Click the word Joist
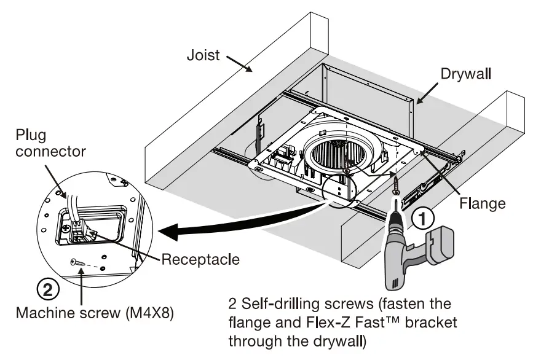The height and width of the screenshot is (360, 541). point(203,56)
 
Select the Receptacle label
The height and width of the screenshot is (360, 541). point(200,260)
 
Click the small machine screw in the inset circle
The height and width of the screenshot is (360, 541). point(79,262)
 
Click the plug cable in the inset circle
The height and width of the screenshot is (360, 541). point(72,203)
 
